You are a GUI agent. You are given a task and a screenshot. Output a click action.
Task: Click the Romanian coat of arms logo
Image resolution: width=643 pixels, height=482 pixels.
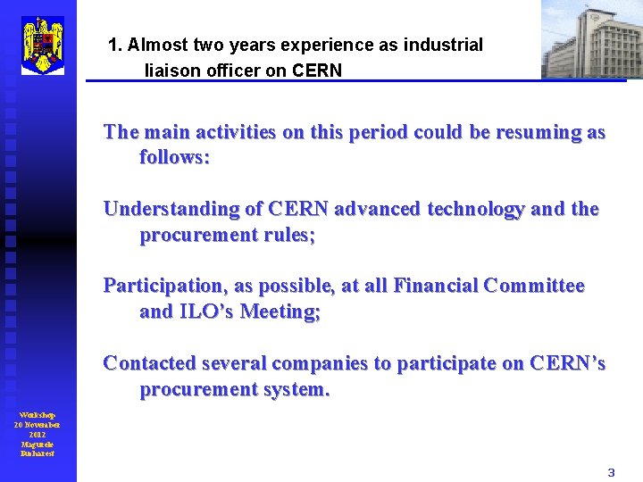click(43, 44)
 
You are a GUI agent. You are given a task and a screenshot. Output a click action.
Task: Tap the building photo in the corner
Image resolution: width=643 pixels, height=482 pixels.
click(591, 39)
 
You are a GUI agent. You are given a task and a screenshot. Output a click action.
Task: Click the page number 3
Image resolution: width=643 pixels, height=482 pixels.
click(612, 472)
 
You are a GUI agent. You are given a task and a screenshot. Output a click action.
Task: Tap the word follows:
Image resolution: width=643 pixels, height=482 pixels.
click(174, 158)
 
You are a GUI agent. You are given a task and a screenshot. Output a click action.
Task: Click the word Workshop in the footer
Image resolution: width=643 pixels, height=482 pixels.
click(38, 415)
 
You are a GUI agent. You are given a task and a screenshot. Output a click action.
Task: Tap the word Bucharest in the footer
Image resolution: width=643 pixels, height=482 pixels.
click(38, 453)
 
